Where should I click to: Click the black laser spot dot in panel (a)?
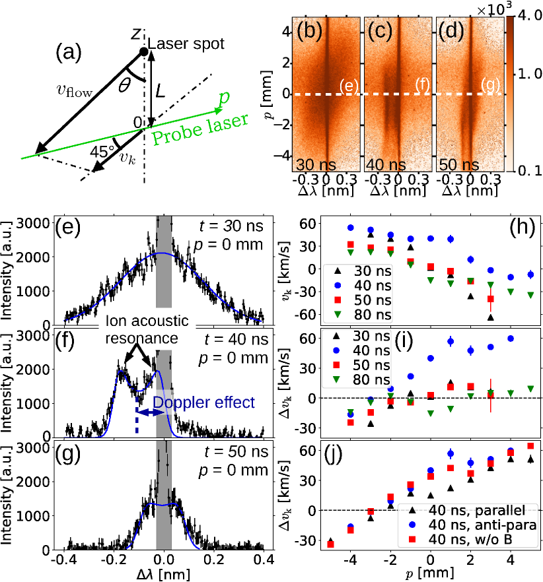point(142,52)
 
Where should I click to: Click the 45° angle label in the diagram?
point(101,151)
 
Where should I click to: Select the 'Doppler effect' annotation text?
point(203,402)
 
